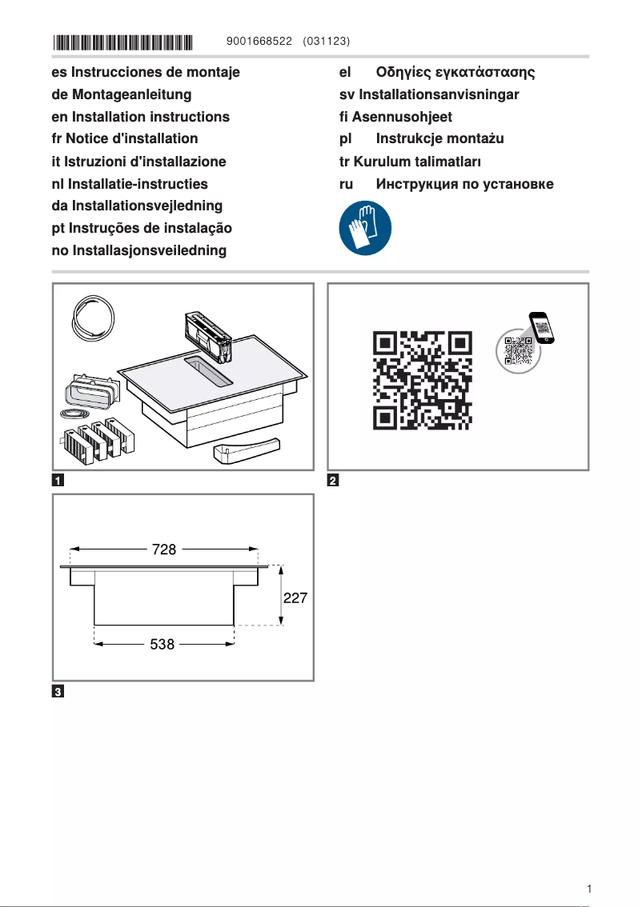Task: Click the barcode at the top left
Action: click(x=123, y=41)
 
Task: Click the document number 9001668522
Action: click(x=259, y=41)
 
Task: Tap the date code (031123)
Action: click(x=327, y=41)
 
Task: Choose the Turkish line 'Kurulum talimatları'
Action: click(x=417, y=162)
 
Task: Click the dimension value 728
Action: click(x=164, y=549)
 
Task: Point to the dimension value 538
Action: click(x=163, y=644)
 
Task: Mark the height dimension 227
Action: click(x=294, y=597)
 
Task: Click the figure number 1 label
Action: click(x=58, y=481)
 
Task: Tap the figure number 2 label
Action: click(x=334, y=481)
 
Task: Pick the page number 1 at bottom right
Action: click(x=588, y=889)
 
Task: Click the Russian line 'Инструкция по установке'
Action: click(x=464, y=184)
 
